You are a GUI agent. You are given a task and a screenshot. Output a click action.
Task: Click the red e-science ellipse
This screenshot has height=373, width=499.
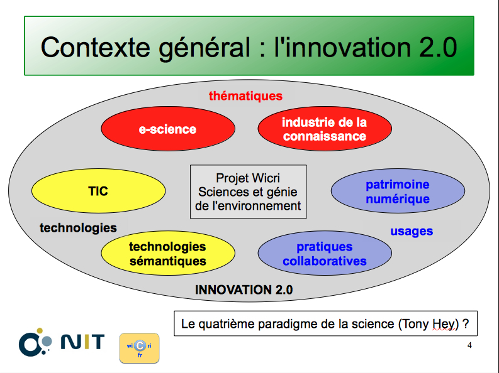pyautogui.click(x=168, y=129)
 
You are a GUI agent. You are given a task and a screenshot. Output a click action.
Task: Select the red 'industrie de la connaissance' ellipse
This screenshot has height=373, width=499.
pyautogui.click(x=325, y=129)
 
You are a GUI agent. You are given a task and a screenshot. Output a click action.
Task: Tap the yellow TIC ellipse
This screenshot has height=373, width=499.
pyautogui.click(x=98, y=191)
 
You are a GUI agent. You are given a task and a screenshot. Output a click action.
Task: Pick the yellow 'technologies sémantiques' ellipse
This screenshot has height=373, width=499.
pyautogui.click(x=168, y=253)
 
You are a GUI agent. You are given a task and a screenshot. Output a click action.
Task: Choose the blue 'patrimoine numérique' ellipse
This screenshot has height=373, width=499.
pyautogui.click(x=398, y=191)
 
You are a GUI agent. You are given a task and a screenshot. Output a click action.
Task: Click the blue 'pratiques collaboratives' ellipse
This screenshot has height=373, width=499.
pyautogui.click(x=325, y=253)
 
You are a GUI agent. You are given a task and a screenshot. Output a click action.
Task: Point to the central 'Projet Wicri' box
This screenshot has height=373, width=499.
pyautogui.click(x=248, y=192)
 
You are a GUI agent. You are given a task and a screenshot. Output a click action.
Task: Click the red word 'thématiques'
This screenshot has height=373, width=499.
pyautogui.click(x=245, y=96)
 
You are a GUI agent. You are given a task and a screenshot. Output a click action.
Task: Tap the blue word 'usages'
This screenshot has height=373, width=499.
pyautogui.click(x=412, y=232)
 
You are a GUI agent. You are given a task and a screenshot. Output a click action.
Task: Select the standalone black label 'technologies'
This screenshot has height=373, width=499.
pyautogui.click(x=78, y=228)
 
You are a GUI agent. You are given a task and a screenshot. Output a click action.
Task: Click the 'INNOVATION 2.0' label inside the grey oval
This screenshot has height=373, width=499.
pyautogui.click(x=244, y=289)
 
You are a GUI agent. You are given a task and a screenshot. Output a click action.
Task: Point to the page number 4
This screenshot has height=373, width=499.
pyautogui.click(x=469, y=345)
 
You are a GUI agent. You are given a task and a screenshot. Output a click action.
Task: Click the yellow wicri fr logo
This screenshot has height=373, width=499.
pyautogui.click(x=140, y=348)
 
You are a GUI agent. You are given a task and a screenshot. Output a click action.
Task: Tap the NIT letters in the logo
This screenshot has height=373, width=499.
pyautogui.click(x=82, y=341)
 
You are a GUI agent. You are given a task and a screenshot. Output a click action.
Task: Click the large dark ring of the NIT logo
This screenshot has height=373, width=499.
pyautogui.click(x=30, y=345)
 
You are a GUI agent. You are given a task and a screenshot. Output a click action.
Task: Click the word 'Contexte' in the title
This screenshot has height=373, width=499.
pyautogui.click(x=96, y=48)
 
